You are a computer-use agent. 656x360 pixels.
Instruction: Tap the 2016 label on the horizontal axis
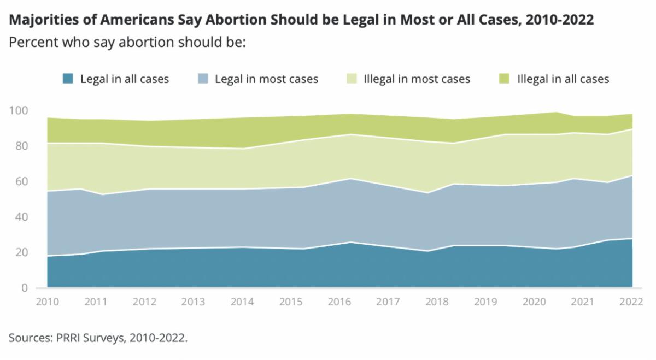pyautogui.click(x=339, y=302)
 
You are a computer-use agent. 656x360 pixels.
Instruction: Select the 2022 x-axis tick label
pyautogui.click(x=632, y=302)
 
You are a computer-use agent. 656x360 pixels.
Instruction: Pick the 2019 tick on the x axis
pyautogui.click(x=486, y=302)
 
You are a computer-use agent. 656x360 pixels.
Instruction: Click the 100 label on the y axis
pyautogui.click(x=19, y=111)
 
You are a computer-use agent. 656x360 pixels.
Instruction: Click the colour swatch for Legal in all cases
pyautogui.click(x=68, y=79)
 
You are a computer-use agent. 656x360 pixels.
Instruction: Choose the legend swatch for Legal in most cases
pyautogui.click(x=202, y=79)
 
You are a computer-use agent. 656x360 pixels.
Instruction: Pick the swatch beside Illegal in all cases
pyautogui.click(x=505, y=79)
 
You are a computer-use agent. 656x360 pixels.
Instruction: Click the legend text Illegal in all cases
pyautogui.click(x=563, y=79)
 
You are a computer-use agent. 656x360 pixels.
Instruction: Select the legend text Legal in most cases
pyautogui.click(x=266, y=79)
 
